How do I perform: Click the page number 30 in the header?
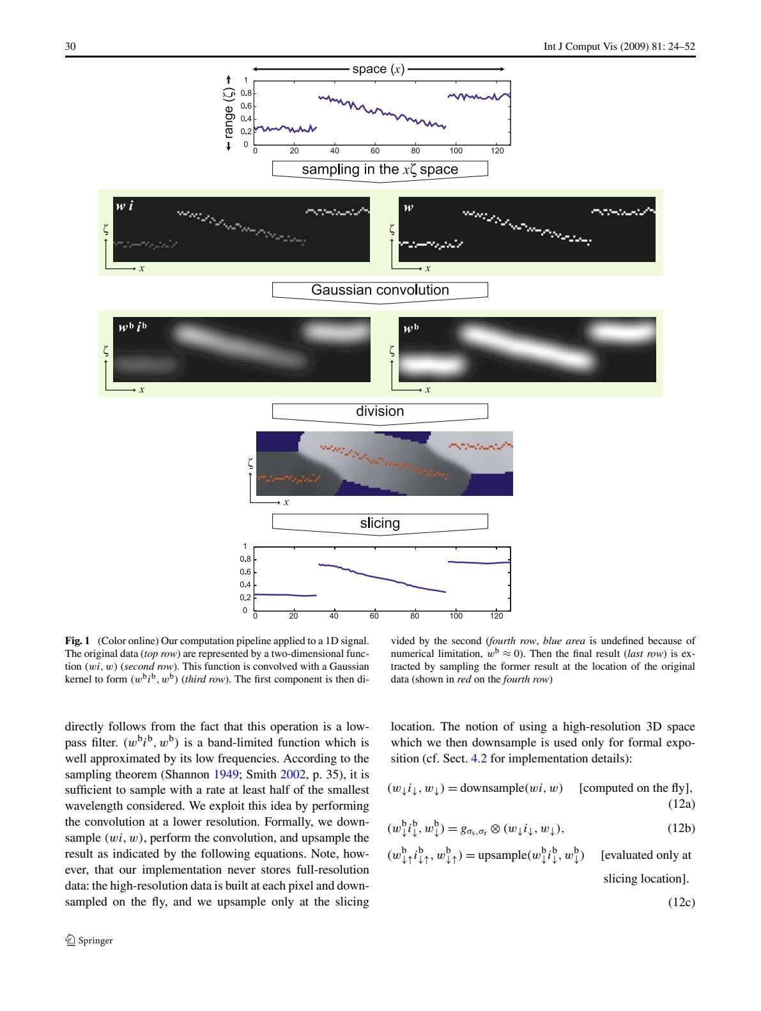[x=70, y=47]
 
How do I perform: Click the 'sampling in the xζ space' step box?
[x=380, y=169]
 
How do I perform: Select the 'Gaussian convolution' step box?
[x=380, y=290]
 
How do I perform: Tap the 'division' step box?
[x=380, y=412]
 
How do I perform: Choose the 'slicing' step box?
[x=380, y=523]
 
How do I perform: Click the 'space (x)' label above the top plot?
[x=378, y=69]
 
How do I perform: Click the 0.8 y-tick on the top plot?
[x=245, y=93]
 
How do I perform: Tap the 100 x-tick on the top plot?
[x=456, y=151]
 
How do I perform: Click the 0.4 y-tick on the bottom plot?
[x=245, y=585]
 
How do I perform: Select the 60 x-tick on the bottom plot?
[x=374, y=617]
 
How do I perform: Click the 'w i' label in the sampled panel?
[x=125, y=206]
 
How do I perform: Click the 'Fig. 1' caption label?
[x=77, y=640]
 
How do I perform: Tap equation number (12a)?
[x=681, y=804]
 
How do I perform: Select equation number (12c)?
[x=681, y=902]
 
